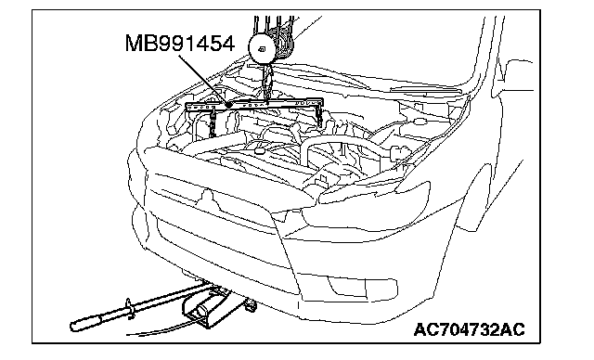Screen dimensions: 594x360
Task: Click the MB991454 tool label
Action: coord(179,44)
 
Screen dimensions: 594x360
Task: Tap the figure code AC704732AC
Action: coord(469,329)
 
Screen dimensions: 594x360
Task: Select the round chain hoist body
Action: coord(262,48)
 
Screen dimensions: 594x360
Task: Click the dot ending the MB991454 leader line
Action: coord(228,105)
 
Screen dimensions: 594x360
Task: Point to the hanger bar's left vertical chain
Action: coord(213,122)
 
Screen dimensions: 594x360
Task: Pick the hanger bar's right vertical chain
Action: coord(319,114)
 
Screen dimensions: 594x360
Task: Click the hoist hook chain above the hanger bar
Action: coord(266,83)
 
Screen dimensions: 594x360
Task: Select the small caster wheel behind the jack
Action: coord(250,304)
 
